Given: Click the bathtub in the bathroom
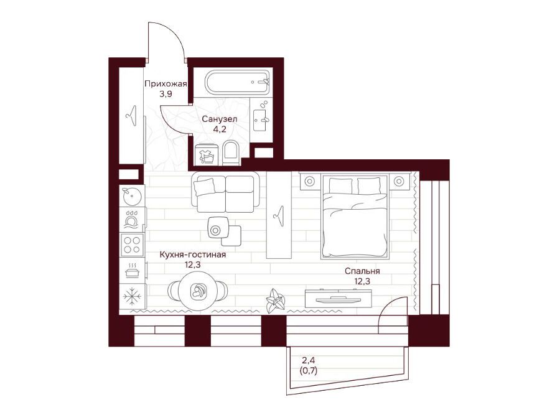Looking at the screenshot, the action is [x=237, y=83].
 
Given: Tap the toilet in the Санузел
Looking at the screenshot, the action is [x=230, y=154].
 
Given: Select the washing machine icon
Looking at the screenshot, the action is [x=207, y=154].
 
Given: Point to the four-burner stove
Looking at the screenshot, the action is [x=132, y=245].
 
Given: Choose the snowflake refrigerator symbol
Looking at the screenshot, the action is [x=132, y=296].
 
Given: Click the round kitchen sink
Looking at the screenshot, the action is [x=132, y=195].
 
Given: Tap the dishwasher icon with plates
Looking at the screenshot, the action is [x=132, y=219].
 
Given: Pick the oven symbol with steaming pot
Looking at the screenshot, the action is [x=132, y=271].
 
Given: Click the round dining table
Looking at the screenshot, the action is [x=198, y=289].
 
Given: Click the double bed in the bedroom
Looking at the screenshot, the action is [x=355, y=216].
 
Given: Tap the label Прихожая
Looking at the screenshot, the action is [x=166, y=84].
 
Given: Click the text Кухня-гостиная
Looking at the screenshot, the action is [x=192, y=254].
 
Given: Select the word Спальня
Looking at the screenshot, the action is [x=362, y=271].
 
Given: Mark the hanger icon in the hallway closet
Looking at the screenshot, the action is [x=132, y=116].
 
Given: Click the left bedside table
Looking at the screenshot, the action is [x=309, y=181].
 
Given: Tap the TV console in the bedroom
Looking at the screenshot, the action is [x=338, y=298].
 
